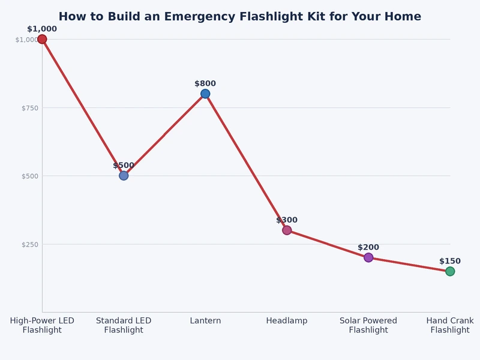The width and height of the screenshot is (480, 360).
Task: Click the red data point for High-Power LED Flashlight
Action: [42, 39]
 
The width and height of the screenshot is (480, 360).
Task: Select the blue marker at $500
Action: [124, 176]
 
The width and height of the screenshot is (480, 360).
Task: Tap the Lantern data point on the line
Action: [205, 94]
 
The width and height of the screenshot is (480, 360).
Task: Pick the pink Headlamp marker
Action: [287, 230]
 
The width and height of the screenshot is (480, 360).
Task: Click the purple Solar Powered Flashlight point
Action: [368, 257]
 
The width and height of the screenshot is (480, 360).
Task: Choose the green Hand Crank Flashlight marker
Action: [450, 271]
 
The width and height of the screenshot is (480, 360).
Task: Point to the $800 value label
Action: [205, 84]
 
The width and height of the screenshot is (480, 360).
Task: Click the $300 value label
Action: [287, 220]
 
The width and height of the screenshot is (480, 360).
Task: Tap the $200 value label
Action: [368, 247]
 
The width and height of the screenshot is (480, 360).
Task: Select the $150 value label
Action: [450, 261]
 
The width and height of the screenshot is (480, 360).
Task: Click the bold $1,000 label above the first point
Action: [42, 29]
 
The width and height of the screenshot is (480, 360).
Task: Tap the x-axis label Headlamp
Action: [287, 321]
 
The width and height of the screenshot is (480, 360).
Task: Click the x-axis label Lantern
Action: [205, 321]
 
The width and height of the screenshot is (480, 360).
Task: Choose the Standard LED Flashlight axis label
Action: [124, 325]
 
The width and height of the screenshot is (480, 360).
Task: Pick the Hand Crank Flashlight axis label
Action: [450, 325]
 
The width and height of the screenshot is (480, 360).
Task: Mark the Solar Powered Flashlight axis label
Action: [368, 325]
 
